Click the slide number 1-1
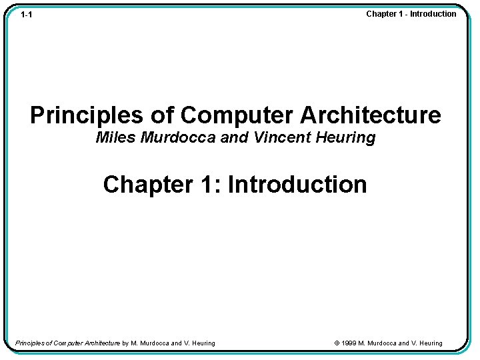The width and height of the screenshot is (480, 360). (27, 15)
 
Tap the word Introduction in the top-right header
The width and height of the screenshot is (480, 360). (433, 14)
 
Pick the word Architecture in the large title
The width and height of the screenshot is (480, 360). (370, 115)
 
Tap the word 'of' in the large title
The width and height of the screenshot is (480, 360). (162, 115)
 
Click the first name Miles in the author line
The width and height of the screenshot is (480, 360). (116, 138)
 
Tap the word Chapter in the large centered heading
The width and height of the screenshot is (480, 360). (147, 184)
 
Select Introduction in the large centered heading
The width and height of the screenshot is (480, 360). (297, 184)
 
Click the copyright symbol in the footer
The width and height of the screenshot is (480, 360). (337, 343)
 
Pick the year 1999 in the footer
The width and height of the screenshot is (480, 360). (349, 343)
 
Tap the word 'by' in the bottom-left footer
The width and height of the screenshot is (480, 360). (125, 343)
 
